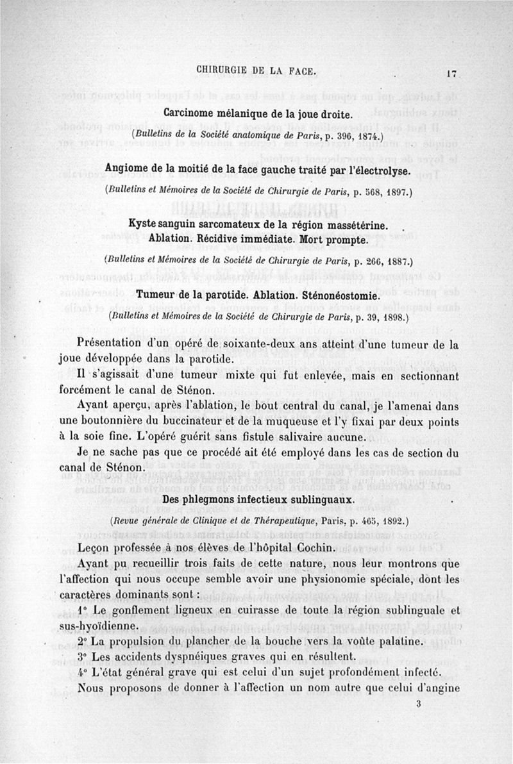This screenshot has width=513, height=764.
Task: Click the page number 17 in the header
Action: tap(452, 74)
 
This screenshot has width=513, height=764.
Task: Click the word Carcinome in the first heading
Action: tap(191, 114)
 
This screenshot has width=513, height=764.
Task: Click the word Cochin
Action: tap(312, 548)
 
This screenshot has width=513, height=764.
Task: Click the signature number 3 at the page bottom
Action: tap(417, 704)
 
